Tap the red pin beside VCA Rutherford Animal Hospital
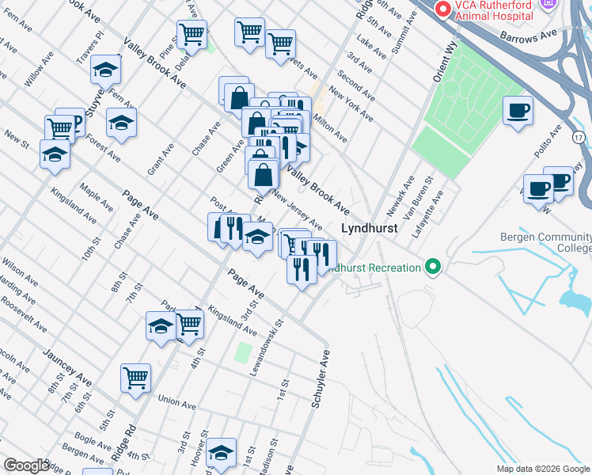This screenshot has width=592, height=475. click(442, 8)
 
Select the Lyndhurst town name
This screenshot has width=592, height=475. click(367, 228)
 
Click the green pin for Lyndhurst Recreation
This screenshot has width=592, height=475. click(432, 267)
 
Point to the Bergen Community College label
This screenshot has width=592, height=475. click(546, 242)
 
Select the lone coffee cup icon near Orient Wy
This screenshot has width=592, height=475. click(518, 112)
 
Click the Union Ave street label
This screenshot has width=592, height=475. click(176, 405)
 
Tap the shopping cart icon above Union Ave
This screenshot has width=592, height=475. click(135, 378)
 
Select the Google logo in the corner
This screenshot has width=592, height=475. click(26, 465)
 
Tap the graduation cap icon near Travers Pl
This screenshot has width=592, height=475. click(104, 70)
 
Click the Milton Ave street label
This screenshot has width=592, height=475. click(330, 127)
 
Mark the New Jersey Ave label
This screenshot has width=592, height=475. click(298, 208)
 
